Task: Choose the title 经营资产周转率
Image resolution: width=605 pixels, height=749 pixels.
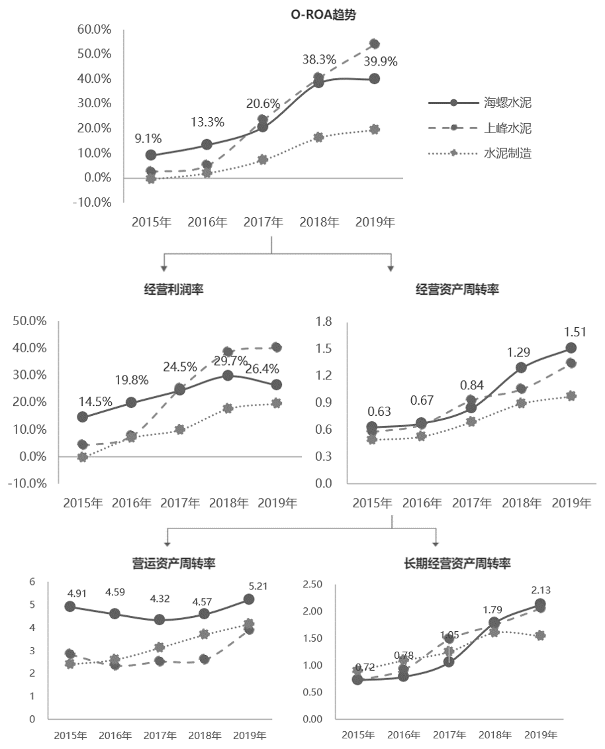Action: coord(457,290)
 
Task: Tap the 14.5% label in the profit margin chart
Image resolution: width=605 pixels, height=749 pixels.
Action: coord(95,401)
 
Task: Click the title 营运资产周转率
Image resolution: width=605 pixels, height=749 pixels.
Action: coord(173,563)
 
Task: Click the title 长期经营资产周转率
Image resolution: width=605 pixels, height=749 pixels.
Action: coord(457,563)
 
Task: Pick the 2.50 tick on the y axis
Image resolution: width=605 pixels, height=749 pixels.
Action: coord(312,584)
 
